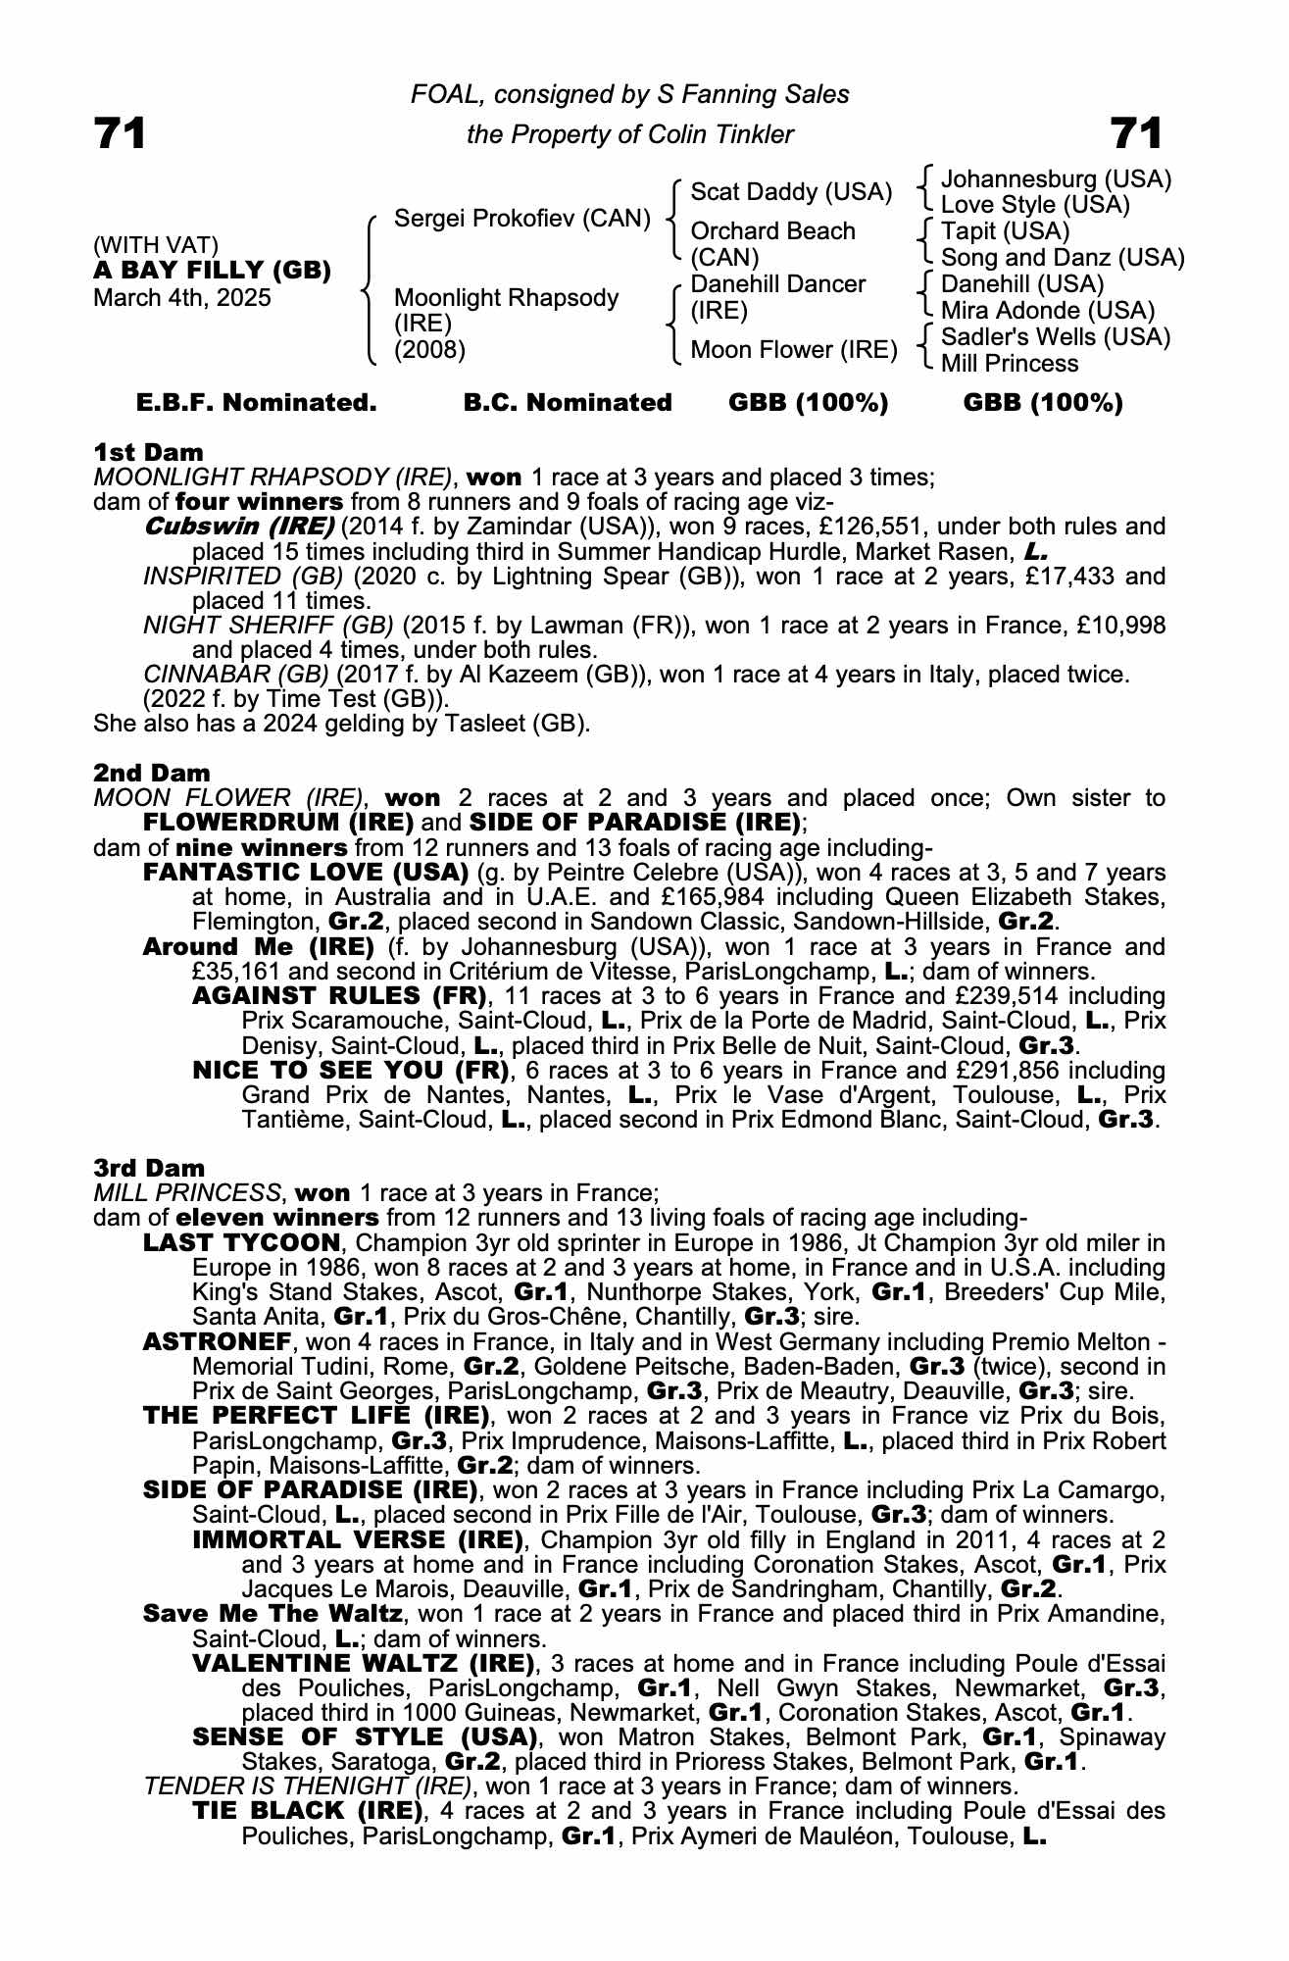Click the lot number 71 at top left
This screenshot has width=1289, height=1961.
(x=120, y=133)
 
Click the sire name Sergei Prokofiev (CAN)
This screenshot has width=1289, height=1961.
(x=521, y=218)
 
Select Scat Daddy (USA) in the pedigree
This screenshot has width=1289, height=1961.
(x=790, y=192)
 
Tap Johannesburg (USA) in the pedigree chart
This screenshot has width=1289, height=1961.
(x=1056, y=179)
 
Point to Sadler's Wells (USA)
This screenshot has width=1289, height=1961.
(x=1055, y=337)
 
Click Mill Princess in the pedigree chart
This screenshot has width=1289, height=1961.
(x=1009, y=364)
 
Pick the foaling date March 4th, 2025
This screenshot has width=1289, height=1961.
(x=181, y=298)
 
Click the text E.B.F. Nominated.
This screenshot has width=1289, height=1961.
(x=256, y=403)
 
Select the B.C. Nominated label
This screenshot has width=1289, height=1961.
(x=568, y=403)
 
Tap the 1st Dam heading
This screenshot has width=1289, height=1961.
(x=148, y=452)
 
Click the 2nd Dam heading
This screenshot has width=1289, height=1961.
(x=151, y=773)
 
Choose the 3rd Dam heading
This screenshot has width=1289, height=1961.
(x=149, y=1168)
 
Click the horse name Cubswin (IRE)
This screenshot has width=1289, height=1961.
(x=239, y=527)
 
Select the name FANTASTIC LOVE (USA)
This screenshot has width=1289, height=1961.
(x=305, y=873)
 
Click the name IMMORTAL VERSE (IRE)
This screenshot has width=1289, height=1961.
(x=359, y=1539)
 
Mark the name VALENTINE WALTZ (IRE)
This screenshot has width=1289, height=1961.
(x=364, y=1663)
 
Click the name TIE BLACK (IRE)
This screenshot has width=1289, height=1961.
(x=308, y=1810)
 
